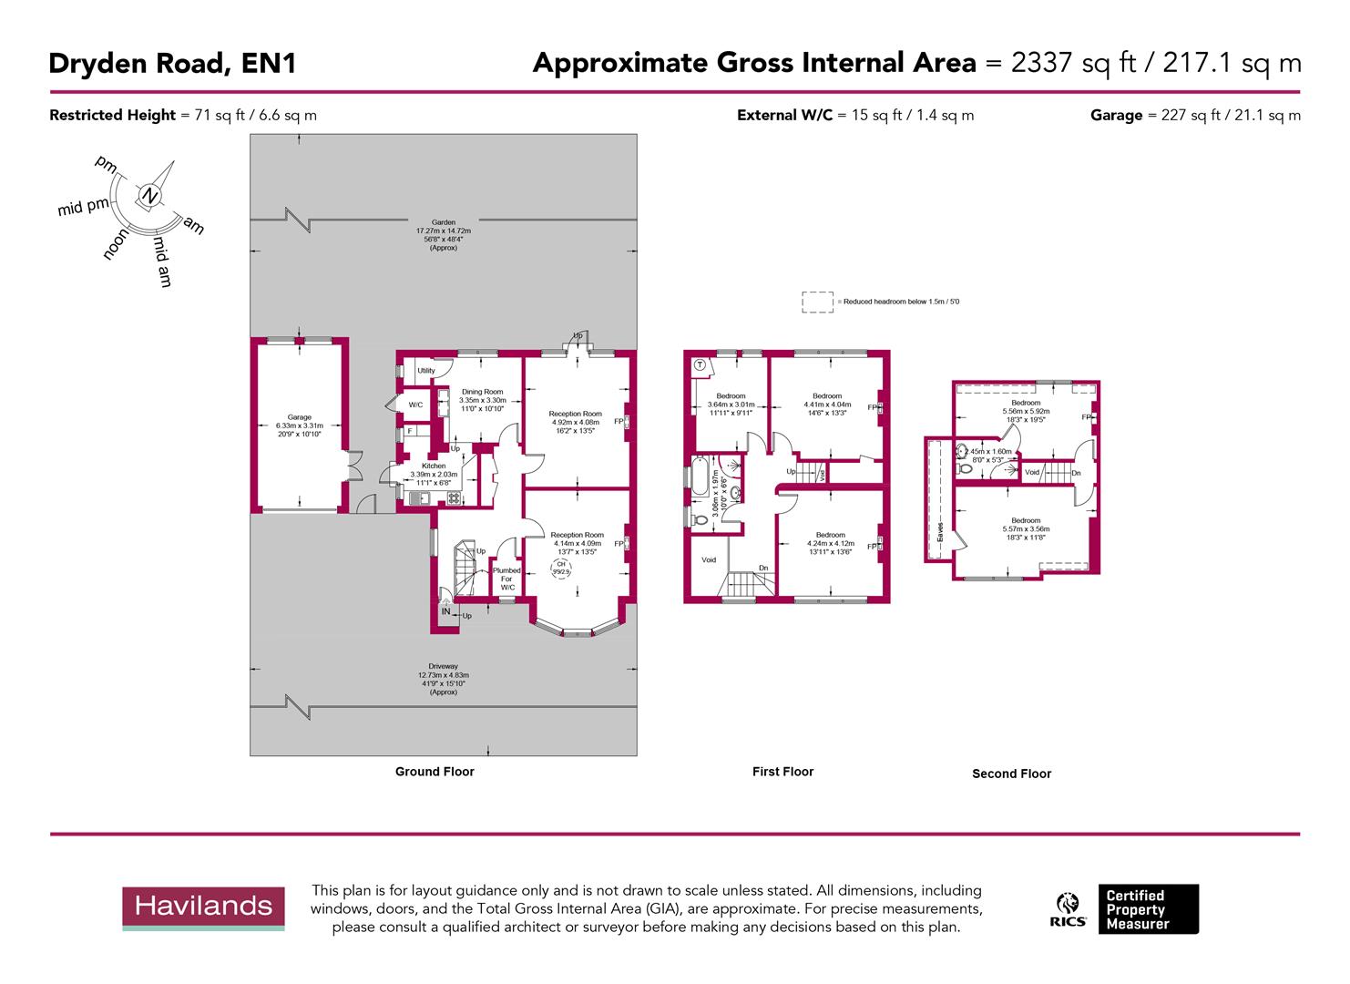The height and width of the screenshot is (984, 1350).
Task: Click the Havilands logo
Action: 204,907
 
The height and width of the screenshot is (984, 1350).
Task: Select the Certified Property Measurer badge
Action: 1148,909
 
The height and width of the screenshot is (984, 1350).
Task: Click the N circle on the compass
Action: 149,196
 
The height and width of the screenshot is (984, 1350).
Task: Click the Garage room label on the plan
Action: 300,417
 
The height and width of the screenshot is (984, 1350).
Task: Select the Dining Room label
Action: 481,392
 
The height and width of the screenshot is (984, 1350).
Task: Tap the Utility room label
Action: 425,371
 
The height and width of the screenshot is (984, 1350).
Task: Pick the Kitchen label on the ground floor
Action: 434,466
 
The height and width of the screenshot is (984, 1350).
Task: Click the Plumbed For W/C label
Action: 506,579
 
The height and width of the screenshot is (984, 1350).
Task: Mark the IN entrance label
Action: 446,611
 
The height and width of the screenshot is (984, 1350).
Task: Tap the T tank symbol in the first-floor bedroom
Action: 700,364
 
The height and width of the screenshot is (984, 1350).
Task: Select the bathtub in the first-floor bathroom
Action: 699,477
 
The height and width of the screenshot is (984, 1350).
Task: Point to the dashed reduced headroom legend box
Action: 817,302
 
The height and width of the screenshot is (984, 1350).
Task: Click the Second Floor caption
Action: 1011,774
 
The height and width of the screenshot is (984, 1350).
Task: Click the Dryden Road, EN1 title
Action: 172,63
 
